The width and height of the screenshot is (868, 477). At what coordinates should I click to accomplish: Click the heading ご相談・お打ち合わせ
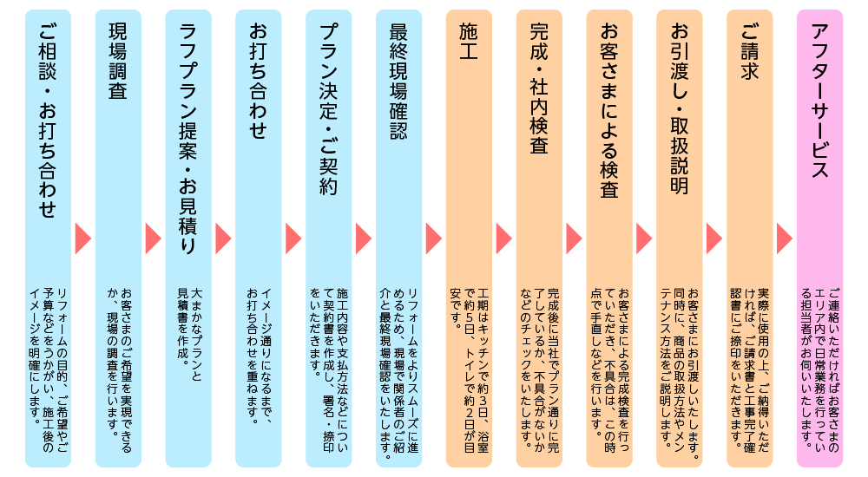click(x=47, y=121)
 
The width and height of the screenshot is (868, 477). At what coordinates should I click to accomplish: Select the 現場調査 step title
click(x=117, y=61)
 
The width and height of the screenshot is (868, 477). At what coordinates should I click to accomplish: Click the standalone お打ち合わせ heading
click(x=258, y=82)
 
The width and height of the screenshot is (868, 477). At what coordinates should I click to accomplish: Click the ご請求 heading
click(x=750, y=52)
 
